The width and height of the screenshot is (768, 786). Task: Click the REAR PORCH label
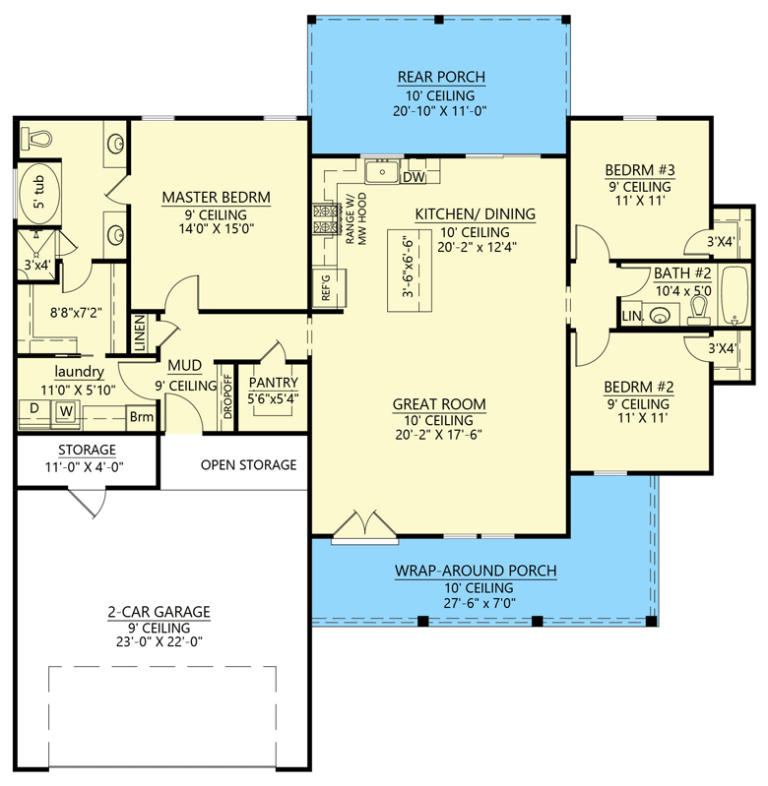442,78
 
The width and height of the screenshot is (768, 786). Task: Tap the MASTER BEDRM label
216,198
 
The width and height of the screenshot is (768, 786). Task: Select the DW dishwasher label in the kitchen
414,178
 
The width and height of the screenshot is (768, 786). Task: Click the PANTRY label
267,383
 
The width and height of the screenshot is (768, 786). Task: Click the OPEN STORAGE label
248,464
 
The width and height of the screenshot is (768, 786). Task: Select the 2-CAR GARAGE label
159,612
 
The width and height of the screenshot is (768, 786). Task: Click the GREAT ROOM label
439,403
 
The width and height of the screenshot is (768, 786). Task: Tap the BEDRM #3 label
638,170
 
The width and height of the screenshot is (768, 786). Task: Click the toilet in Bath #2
698,311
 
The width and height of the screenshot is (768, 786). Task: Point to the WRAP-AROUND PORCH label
476,571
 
